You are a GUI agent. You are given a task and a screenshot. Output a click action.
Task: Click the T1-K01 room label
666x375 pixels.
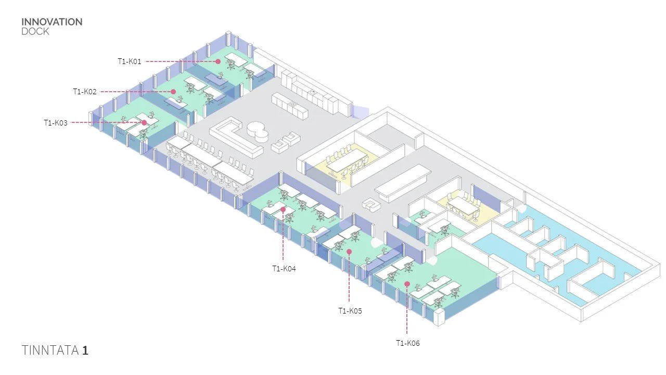tap(130, 61)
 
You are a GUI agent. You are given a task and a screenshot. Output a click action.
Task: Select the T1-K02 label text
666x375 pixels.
tap(85, 92)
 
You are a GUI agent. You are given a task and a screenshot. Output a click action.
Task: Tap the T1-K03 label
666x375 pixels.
tap(56, 123)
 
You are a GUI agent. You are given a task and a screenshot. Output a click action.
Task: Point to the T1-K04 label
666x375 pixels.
tap(284, 269)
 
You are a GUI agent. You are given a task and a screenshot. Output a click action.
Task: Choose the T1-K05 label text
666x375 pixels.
tap(350, 311)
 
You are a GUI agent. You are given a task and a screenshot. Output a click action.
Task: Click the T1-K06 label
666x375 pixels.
tap(407, 343)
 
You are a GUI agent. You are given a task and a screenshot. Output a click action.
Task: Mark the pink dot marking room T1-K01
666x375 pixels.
tap(218, 61)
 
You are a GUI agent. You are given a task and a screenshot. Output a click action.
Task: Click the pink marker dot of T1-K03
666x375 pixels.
tap(144, 123)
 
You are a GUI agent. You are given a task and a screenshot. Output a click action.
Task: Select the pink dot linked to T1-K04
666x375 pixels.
tap(283, 209)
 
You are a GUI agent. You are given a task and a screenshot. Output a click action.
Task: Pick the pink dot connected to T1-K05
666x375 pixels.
tap(349, 252)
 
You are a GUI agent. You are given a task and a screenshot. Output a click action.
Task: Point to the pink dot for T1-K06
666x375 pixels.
tap(407, 284)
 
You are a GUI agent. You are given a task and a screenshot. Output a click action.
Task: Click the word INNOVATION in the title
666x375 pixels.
tap(52, 22)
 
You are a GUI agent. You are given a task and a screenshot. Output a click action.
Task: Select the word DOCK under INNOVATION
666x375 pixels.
tap(35, 31)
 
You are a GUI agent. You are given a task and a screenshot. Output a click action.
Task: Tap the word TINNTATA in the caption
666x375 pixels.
tap(50, 350)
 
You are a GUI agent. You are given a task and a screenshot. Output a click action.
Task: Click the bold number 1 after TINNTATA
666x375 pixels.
tap(85, 350)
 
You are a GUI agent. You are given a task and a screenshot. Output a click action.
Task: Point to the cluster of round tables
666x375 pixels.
tap(257, 130)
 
